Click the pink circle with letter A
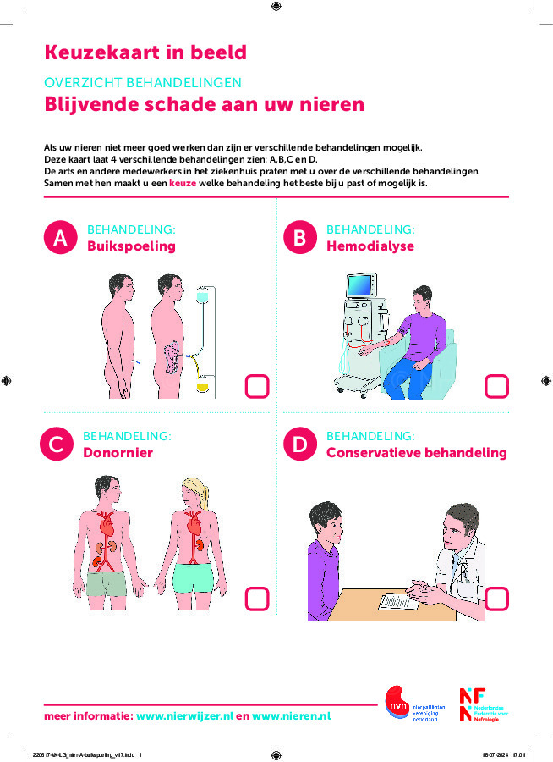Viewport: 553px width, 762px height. (x=60, y=239)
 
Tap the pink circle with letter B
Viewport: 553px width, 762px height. (x=299, y=239)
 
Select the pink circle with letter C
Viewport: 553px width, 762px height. (x=57, y=444)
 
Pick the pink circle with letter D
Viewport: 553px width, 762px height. (x=299, y=444)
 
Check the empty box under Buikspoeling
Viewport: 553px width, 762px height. (x=256, y=386)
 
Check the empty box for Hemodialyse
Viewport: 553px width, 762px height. (x=496, y=386)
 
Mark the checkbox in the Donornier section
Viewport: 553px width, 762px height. (x=256, y=599)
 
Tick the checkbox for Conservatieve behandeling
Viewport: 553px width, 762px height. (x=496, y=599)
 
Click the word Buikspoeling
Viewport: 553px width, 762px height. (x=131, y=246)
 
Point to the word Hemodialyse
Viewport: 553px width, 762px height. (x=370, y=246)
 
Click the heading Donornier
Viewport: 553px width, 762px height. (x=118, y=453)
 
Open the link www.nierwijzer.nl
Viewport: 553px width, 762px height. (x=184, y=716)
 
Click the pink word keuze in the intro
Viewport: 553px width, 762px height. (x=183, y=183)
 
